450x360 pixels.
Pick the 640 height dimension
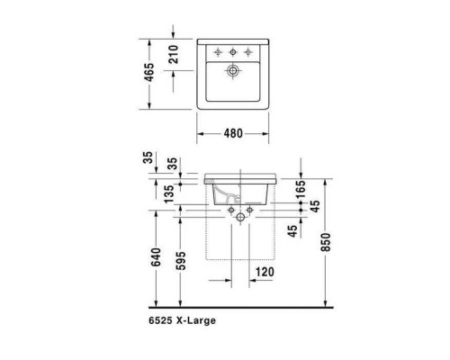157,258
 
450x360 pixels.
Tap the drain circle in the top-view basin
232,69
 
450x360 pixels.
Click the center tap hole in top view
232,50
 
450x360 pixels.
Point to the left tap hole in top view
218,50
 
